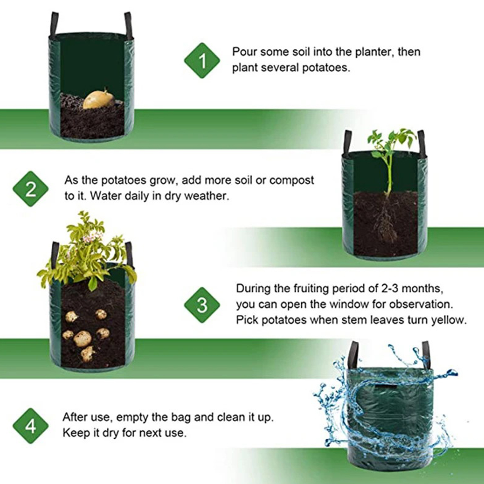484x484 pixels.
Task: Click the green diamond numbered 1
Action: tap(202, 60)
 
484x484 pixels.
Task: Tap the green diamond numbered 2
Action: tap(31, 189)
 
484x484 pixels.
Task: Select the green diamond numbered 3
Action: tap(202, 305)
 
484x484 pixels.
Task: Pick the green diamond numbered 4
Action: tap(31, 426)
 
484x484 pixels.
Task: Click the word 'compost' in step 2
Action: tap(292, 180)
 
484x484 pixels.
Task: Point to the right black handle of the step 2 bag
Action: tap(421, 143)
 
